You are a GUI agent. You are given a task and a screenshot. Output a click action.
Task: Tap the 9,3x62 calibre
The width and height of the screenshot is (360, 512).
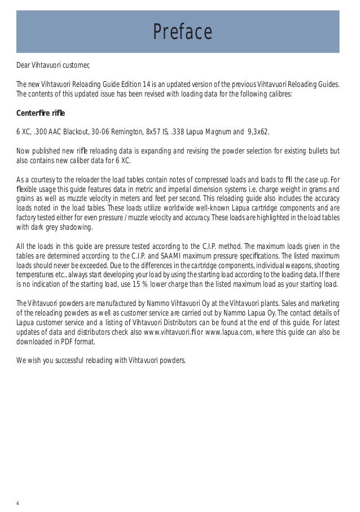254,132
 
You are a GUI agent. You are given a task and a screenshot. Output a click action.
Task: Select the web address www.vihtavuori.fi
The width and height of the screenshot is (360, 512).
173,332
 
